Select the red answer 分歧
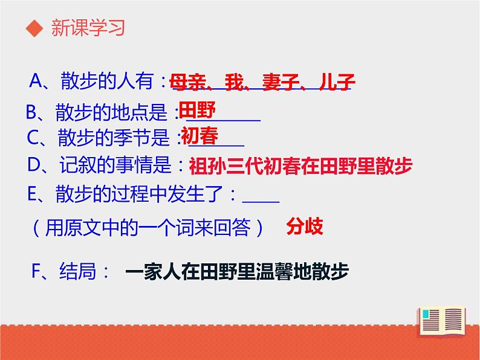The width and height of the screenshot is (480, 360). click(x=304, y=226)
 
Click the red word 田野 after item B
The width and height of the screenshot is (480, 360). click(x=197, y=110)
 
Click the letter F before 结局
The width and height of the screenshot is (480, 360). click(x=37, y=272)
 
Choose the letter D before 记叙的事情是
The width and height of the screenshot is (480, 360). click(x=34, y=165)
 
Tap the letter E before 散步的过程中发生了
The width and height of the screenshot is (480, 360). click(x=34, y=194)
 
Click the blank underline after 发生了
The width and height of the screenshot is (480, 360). click(x=261, y=199)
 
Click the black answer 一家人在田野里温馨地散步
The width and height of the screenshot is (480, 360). click(x=237, y=272)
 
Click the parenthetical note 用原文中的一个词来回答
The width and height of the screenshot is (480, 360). click(x=149, y=227)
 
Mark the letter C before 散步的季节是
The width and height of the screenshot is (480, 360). click(x=34, y=138)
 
